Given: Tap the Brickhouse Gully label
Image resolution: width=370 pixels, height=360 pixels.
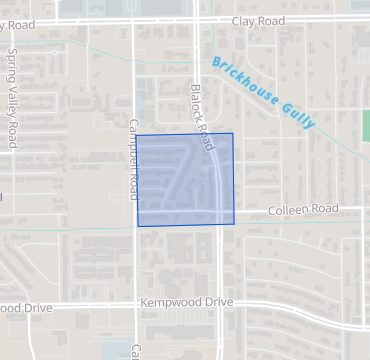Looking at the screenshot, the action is (264, 93).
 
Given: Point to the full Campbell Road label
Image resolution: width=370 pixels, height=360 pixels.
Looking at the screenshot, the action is (133, 158).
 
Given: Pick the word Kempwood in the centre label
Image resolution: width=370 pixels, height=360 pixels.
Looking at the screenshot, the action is (168, 301).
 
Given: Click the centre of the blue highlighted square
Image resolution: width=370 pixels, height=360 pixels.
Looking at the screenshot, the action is (185, 179).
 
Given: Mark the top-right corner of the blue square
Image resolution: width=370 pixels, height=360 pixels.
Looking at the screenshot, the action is (233, 133).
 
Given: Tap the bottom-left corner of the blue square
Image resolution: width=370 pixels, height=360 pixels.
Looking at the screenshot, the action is (138, 226).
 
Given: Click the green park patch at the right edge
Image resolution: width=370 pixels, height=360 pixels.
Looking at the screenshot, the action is (365, 125).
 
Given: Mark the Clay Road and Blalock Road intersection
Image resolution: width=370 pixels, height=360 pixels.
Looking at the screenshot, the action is (197, 19).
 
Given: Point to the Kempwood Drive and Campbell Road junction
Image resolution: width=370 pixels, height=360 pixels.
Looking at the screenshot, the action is (135, 307).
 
